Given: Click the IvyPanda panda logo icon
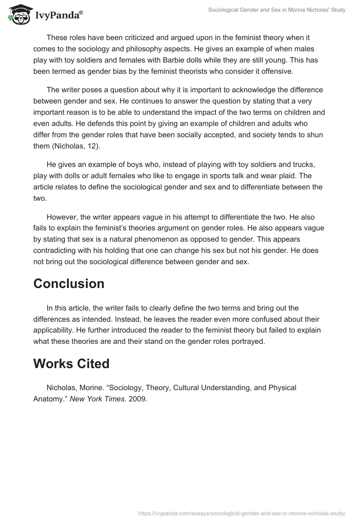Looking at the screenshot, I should (x=17, y=15).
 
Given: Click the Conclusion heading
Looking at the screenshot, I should (x=69, y=283).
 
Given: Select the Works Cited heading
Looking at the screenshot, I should (x=71, y=364).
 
